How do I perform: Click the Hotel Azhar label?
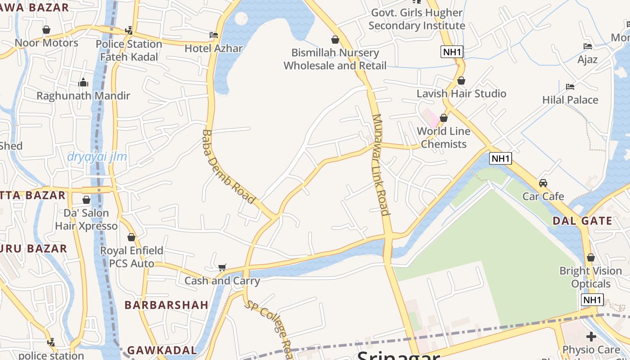click(x=213, y=48)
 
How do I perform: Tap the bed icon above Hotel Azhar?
click(x=214, y=35)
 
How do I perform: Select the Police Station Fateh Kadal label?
click(x=129, y=50)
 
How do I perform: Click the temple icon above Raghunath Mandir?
click(x=83, y=83)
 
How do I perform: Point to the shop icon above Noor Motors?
click(x=46, y=30)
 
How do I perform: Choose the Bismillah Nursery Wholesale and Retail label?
click(x=335, y=59)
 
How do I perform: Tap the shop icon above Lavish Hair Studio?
click(x=461, y=81)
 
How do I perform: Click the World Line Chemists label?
click(x=443, y=138)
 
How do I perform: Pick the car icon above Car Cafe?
click(x=543, y=183)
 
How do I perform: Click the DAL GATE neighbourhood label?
click(x=582, y=221)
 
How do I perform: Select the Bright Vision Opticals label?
click(x=590, y=277)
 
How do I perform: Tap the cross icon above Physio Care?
click(x=591, y=337)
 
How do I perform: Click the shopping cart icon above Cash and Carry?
click(x=222, y=268)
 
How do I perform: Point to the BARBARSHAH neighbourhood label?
click(x=166, y=305)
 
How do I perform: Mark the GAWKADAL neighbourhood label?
click(x=162, y=350)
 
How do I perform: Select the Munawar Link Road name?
click(x=380, y=165)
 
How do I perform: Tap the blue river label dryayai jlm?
click(x=97, y=157)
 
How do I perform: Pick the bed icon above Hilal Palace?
click(x=570, y=86)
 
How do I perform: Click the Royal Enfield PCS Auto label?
click(x=131, y=257)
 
